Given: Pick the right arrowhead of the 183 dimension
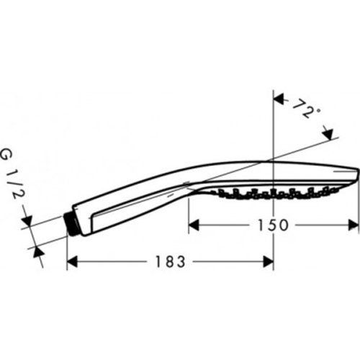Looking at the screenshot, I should pyautogui.click(x=269, y=262).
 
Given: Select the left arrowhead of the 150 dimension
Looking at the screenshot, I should pyautogui.click(x=193, y=225).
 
